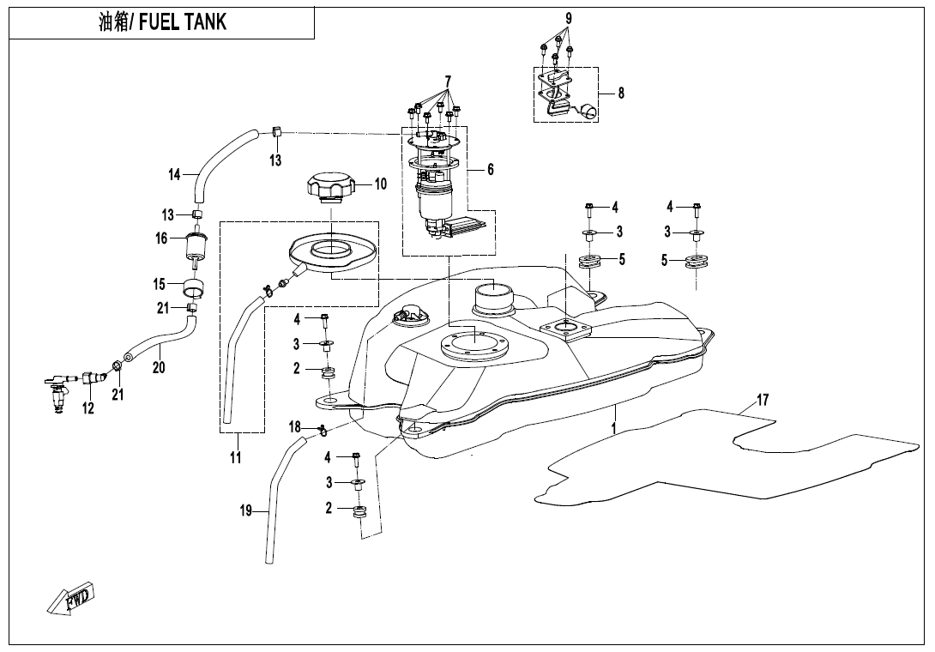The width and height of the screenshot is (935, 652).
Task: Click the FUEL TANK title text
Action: point(163,21)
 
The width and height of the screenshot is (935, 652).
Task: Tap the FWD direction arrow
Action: point(73,598)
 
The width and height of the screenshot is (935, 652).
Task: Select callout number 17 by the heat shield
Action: point(762,401)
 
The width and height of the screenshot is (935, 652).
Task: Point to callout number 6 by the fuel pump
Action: point(491,170)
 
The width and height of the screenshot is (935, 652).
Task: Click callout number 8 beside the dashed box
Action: point(620,94)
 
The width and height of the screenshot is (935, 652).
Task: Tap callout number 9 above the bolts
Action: point(568,18)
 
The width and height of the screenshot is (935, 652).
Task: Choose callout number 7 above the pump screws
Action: point(448,81)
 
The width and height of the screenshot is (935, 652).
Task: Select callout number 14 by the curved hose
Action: point(174,175)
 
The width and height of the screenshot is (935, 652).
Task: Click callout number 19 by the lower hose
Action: point(246,511)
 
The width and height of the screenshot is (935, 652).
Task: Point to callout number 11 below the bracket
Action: point(236,457)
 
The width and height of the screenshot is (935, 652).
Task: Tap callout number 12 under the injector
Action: point(87,409)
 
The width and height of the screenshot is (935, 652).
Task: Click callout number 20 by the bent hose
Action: point(158,367)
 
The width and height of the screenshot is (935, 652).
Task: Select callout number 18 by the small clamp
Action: point(294,427)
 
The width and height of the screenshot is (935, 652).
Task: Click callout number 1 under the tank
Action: point(614,426)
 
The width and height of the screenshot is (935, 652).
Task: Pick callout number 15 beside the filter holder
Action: point(159,284)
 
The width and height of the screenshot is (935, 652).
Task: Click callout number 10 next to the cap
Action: point(380,184)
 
